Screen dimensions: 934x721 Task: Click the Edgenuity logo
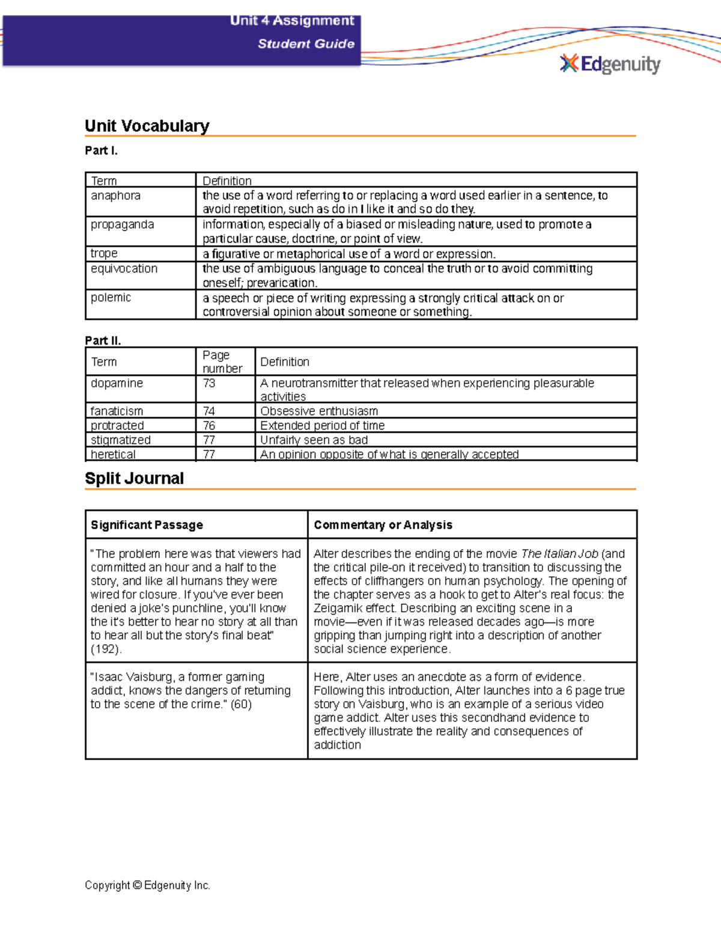(x=610, y=64)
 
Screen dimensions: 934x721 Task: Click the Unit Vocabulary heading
(x=147, y=126)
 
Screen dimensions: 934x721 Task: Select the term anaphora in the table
(x=115, y=195)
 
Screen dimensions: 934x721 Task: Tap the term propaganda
(x=122, y=224)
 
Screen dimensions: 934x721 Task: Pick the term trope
(x=104, y=253)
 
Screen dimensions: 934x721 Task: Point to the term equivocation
(x=124, y=268)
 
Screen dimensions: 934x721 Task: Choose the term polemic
(x=111, y=297)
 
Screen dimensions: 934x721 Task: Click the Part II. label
(x=103, y=340)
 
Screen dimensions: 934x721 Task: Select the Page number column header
(x=222, y=361)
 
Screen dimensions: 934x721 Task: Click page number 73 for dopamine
(x=209, y=383)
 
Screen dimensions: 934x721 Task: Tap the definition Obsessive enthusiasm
(x=319, y=411)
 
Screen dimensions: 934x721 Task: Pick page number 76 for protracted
(x=209, y=425)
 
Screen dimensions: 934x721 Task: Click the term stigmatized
(x=120, y=440)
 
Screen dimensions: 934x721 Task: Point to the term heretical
(x=113, y=454)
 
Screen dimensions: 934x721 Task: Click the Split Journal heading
(x=134, y=478)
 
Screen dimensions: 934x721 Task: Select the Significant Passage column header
(x=147, y=524)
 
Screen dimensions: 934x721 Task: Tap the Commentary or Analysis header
(x=383, y=524)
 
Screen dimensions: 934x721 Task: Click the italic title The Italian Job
(x=559, y=553)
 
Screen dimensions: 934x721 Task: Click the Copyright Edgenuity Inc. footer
(x=147, y=885)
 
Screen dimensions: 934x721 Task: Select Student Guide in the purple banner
(x=306, y=43)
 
